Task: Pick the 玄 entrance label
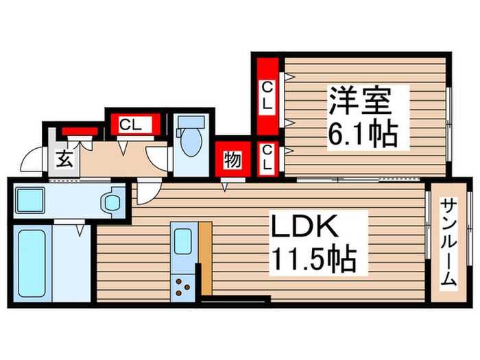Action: click(x=64, y=160)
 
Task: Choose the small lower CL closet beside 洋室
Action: click(x=268, y=158)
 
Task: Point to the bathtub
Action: click(x=32, y=263)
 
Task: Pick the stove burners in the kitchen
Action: click(x=184, y=287)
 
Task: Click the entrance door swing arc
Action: click(x=30, y=162)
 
